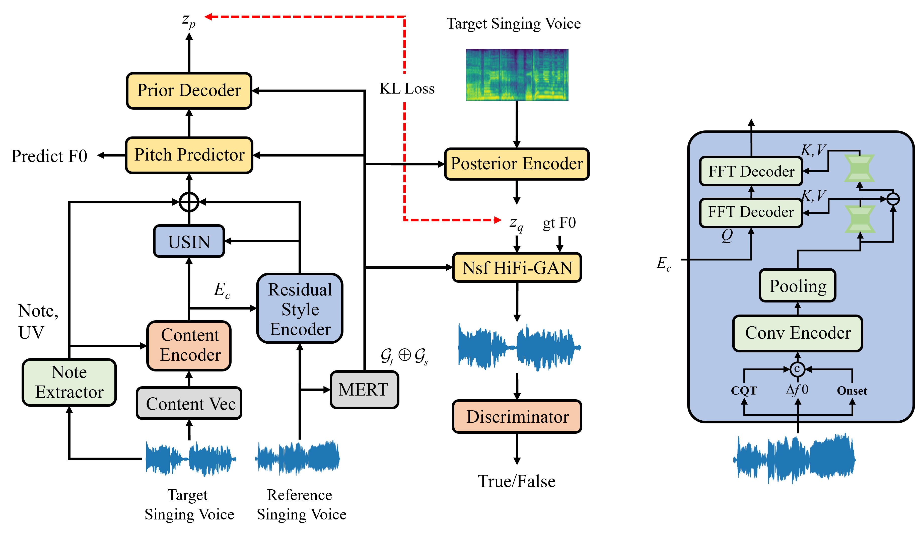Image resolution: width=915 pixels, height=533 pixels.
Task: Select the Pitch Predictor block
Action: coord(189,155)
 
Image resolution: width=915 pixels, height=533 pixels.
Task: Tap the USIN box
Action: coord(189,241)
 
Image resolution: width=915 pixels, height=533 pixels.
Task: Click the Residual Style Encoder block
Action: coord(300,308)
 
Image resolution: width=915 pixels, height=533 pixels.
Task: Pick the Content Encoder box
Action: coord(189,346)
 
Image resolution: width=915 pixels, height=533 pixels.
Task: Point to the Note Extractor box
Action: coord(69,382)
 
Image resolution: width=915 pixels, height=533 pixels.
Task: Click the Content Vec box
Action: coord(189,403)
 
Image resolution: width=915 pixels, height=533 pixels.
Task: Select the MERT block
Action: coord(364,390)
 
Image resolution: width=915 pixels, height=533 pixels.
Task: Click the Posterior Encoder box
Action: coord(516,164)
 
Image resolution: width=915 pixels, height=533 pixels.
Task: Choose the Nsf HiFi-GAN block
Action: coord(517,268)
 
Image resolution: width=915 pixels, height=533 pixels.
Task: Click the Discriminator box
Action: coord(517,416)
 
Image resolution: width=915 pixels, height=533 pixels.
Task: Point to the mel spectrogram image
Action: coord(517,75)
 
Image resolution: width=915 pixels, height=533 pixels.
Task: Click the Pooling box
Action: coord(797,286)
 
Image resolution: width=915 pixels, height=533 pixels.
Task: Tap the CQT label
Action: coord(744,391)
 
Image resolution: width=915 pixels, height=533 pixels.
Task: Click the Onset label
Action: coord(852,391)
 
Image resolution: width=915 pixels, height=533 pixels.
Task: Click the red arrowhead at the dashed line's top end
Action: coord(208,17)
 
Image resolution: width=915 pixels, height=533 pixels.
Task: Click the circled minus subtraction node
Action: coord(893,199)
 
